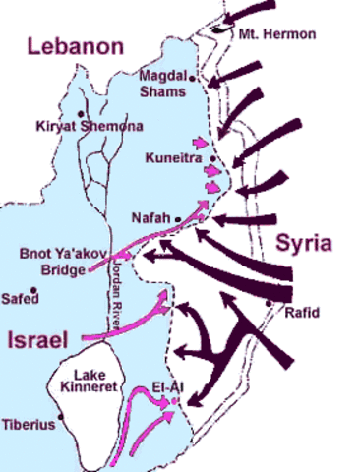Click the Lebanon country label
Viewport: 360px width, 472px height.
pyautogui.click(x=75, y=45)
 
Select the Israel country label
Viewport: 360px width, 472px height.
pyautogui.click(x=36, y=340)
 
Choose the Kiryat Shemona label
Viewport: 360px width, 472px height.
pyautogui.click(x=89, y=126)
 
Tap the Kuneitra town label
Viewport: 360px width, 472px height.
pyautogui.click(x=173, y=156)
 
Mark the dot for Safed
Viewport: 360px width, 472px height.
pyautogui.click(x=34, y=291)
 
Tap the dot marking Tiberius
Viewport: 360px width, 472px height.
pyautogui.click(x=62, y=416)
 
